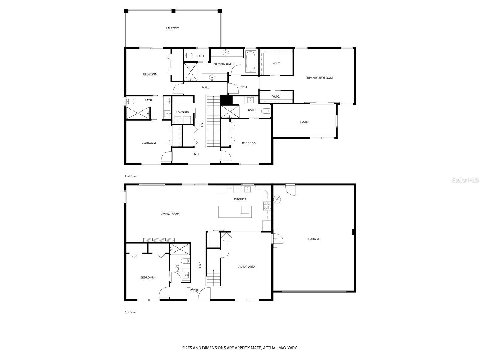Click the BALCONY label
[172, 28]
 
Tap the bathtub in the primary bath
[250, 61]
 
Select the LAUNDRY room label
[183, 112]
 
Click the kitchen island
[235, 212]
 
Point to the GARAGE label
[314, 239]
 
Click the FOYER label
[193, 290]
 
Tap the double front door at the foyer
[199, 294]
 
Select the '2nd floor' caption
[131, 176]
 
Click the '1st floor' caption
[130, 312]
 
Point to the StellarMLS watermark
[465, 180]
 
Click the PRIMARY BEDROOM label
[319, 78]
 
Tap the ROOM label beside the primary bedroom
[304, 122]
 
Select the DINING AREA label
[246, 267]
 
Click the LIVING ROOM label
[170, 214]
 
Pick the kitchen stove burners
[267, 205]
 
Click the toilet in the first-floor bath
[185, 261]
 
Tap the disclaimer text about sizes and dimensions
[240, 348]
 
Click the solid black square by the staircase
[226, 100]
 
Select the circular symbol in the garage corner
[277, 199]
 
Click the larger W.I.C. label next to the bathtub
[277, 64]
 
